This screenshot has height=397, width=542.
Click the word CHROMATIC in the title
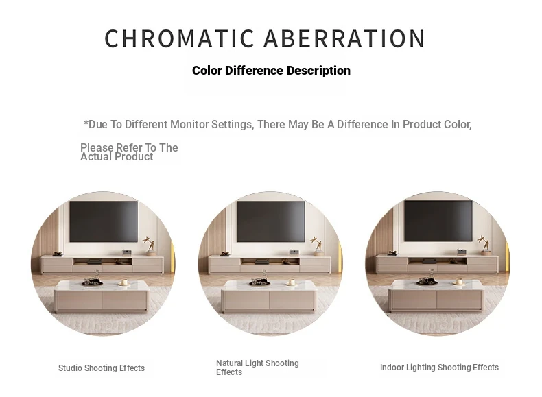179,38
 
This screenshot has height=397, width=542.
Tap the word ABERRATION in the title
344,38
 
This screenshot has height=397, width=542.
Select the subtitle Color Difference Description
271,71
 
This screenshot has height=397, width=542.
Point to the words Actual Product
117,157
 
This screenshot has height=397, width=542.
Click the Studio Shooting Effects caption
102,368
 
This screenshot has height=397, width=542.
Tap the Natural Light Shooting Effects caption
257,368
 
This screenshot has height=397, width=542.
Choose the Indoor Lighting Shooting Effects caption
439,368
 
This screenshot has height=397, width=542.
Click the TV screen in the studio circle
104,221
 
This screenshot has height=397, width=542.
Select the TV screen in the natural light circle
270,221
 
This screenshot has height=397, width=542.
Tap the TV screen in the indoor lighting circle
438,221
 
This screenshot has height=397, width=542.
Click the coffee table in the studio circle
102,296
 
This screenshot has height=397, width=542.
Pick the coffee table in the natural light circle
269,296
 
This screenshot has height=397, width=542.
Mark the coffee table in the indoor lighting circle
436,296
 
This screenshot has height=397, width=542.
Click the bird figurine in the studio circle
150,243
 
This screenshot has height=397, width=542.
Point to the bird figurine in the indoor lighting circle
484,243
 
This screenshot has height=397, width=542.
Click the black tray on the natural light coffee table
260,283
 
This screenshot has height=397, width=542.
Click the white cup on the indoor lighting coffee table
459,282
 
